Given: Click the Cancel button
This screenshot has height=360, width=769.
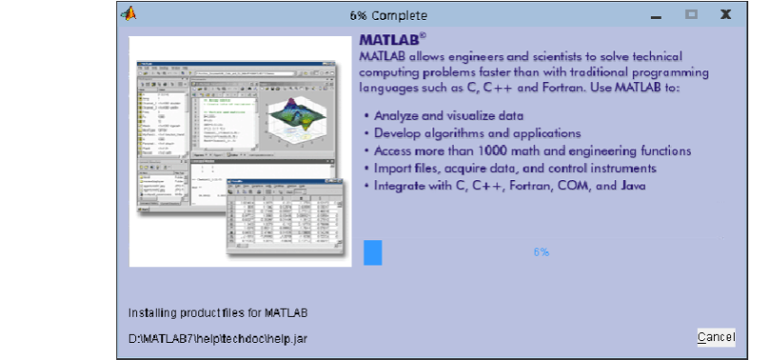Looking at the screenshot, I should (x=716, y=337).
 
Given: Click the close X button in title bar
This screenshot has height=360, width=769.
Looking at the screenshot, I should (x=725, y=14).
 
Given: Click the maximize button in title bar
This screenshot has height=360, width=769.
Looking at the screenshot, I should (x=692, y=14).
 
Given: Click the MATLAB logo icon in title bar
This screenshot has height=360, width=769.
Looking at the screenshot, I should (x=130, y=13).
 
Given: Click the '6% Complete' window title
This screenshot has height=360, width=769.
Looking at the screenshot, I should (x=388, y=15).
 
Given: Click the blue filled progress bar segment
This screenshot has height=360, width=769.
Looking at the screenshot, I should (x=373, y=253).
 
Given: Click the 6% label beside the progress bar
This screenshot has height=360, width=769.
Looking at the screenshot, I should (x=541, y=252).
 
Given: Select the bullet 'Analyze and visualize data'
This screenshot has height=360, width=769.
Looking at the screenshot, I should (x=448, y=115).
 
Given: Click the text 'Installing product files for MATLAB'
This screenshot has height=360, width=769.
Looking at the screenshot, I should (x=218, y=313).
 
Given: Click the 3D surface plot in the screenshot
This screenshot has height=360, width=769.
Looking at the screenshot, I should (x=300, y=115).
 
